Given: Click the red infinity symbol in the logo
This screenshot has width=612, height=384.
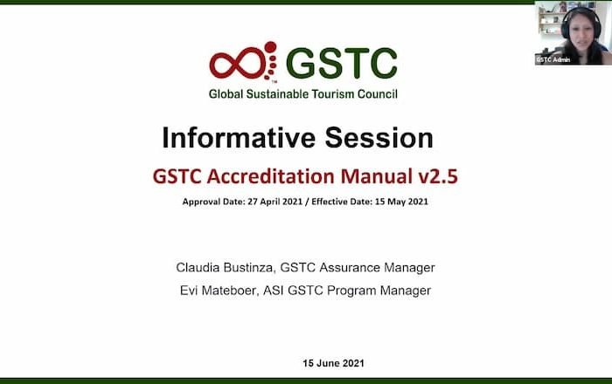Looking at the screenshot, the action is [238, 64].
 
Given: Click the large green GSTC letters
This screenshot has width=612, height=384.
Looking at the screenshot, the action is [342, 63].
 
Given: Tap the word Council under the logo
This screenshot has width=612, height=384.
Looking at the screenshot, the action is [378, 94].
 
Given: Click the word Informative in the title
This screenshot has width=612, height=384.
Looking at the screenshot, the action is [239, 138].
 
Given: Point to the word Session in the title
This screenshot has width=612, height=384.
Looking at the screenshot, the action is [379, 138].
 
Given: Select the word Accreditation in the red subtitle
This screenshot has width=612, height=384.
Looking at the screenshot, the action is [270, 176].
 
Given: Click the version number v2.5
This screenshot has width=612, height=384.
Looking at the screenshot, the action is [438, 176].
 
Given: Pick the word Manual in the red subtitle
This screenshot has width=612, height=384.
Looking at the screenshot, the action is [376, 176].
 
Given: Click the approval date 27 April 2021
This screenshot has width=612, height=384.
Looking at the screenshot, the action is [275, 202].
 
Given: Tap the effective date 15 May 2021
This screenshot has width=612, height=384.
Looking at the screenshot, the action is [401, 202].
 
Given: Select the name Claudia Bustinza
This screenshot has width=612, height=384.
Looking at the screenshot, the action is [224, 268].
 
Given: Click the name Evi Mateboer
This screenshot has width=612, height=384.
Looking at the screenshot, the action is [219, 291].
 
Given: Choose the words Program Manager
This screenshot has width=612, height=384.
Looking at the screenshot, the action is [379, 291].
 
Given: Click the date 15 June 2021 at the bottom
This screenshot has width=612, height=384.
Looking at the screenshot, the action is [333, 363].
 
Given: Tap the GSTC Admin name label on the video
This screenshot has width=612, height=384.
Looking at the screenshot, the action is [553, 59].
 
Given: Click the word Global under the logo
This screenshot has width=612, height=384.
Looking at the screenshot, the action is [226, 94].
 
